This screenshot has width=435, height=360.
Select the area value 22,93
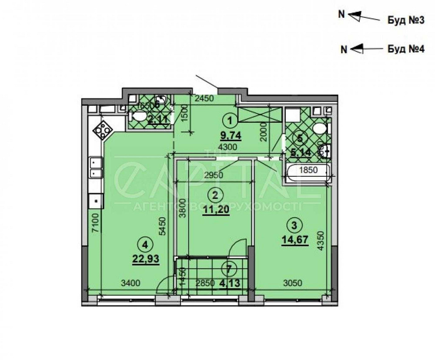click(145, 259)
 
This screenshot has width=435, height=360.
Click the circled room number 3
click(295, 225)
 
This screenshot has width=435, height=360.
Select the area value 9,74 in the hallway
click(230, 135)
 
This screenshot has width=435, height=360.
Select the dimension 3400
click(130, 283)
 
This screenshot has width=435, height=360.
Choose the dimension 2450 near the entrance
click(204, 98)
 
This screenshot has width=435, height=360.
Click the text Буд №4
click(405, 49)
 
